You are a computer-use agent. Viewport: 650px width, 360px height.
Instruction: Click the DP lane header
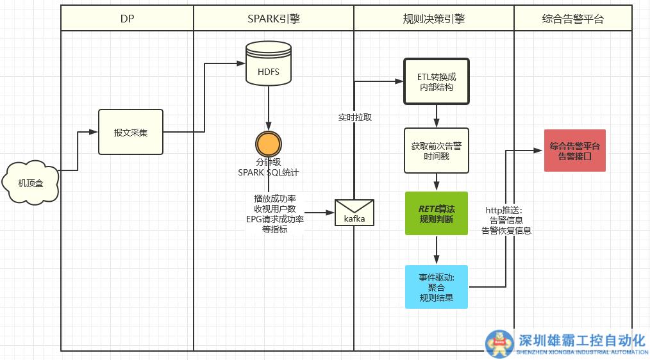pos(127,19)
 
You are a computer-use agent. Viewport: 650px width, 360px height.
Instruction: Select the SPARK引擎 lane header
pos(274,19)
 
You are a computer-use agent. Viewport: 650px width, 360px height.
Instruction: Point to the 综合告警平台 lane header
pos(572,19)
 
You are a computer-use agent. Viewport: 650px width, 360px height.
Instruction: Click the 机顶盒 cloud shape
pos(31,183)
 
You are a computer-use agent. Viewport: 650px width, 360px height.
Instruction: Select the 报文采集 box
pos(131,133)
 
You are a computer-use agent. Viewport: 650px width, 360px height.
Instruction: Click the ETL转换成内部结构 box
pos(436,82)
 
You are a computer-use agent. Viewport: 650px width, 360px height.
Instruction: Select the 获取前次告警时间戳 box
pos(436,151)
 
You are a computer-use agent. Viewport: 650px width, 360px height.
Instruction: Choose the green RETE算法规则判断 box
pos(436,214)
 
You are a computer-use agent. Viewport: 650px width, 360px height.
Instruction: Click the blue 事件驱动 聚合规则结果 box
pos(436,287)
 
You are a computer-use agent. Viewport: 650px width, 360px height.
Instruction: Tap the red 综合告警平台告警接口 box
pos(575,151)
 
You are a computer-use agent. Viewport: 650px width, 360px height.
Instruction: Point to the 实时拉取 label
pos(354,117)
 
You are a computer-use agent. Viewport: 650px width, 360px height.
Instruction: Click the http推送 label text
pos(504,209)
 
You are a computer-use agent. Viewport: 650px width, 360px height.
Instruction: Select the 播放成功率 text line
pos(279,198)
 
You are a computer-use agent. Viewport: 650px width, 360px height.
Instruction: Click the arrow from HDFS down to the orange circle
pos(269,109)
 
